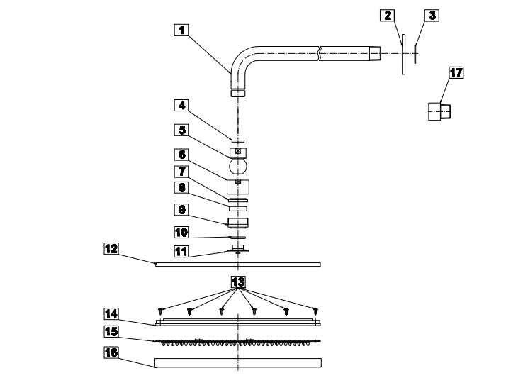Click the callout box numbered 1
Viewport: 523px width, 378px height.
[182, 30]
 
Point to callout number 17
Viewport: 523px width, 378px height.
[456, 72]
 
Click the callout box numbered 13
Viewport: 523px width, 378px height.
[238, 282]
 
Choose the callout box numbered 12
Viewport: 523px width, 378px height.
[111, 249]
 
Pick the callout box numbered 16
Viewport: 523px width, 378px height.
[111, 351]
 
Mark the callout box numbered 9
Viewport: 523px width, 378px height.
[182, 209]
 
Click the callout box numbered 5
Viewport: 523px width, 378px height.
[182, 130]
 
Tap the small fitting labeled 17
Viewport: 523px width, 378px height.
[442, 111]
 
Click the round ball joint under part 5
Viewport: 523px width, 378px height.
[238, 168]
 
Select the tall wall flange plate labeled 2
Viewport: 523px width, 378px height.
[403, 53]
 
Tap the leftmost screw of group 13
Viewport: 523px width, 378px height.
[161, 310]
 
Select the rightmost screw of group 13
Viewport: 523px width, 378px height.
[315, 310]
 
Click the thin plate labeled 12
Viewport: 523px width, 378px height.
[238, 265]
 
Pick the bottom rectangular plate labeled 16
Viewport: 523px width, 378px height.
[238, 363]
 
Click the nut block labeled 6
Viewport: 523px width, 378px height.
[239, 187]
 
